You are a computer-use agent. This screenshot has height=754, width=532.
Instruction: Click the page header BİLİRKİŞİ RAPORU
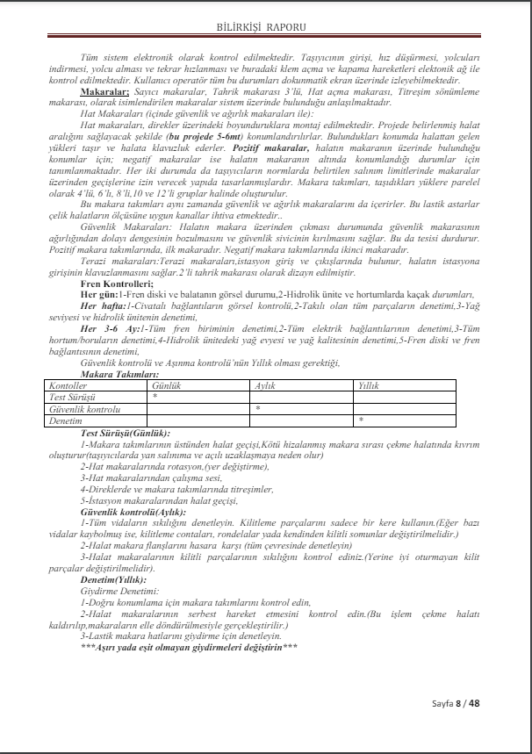coord(265,26)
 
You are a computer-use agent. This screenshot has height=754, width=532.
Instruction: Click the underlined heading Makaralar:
coord(104,90)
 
